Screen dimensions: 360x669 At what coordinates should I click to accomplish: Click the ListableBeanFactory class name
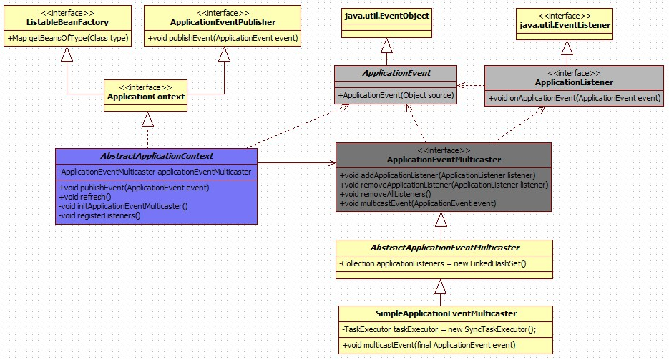[68, 21]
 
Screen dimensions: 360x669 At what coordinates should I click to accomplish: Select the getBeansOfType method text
[68, 38]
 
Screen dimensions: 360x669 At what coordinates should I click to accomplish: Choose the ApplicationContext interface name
[146, 97]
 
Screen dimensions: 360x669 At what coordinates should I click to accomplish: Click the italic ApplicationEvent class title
[396, 73]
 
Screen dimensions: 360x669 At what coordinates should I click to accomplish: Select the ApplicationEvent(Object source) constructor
[396, 96]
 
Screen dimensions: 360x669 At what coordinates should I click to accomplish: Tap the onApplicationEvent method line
[575, 98]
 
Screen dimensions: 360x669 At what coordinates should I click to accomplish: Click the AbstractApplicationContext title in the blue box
[155, 155]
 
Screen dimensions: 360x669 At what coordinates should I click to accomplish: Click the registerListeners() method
[99, 215]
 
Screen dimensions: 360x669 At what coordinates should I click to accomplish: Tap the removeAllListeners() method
[386, 194]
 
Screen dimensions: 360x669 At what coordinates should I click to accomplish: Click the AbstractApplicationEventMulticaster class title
[444, 248]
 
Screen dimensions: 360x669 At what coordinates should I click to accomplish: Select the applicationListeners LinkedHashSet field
[433, 264]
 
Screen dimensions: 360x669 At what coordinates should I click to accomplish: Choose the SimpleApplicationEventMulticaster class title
[445, 313]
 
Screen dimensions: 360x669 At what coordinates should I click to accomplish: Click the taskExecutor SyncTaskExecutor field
[439, 329]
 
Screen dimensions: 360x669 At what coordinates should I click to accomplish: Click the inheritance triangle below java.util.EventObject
[386, 47]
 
